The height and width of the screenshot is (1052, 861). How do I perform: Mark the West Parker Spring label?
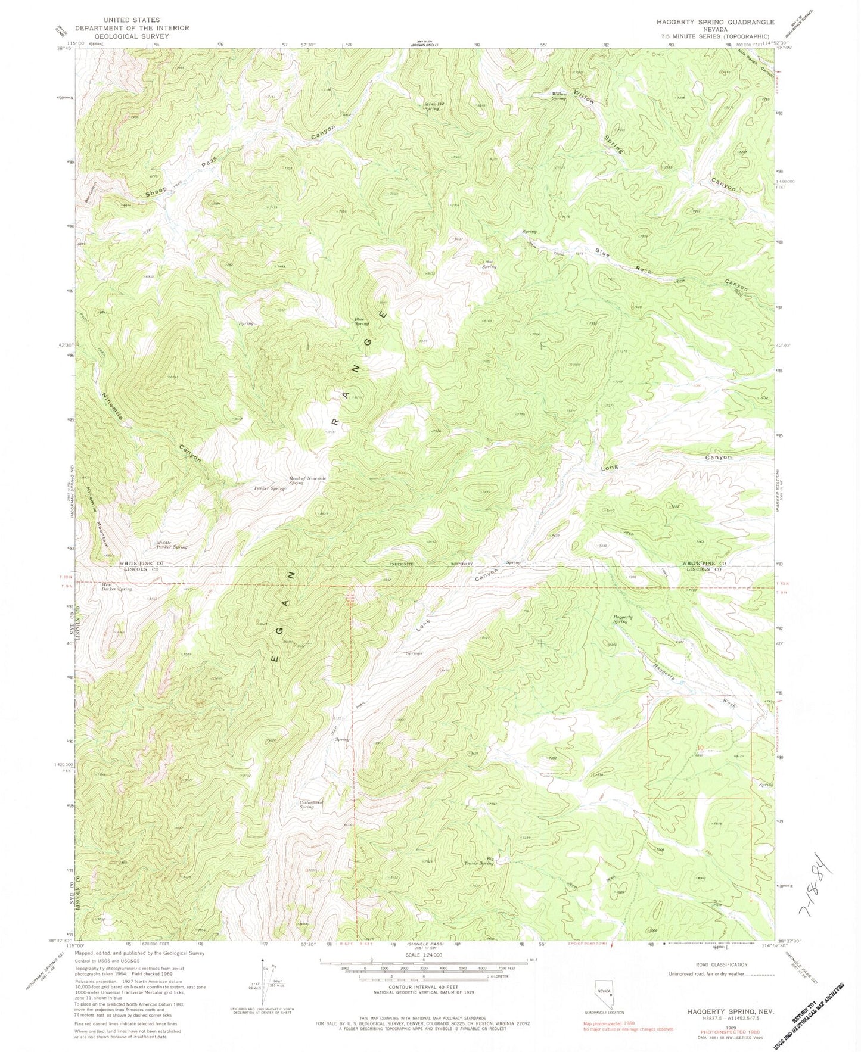pyautogui.click(x=116, y=587)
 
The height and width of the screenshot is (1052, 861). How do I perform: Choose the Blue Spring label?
pyautogui.click(x=361, y=321)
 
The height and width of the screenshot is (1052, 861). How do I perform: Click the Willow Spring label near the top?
pyautogui.click(x=558, y=96)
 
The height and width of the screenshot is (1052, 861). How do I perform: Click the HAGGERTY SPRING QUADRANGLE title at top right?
pyautogui.click(x=715, y=22)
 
